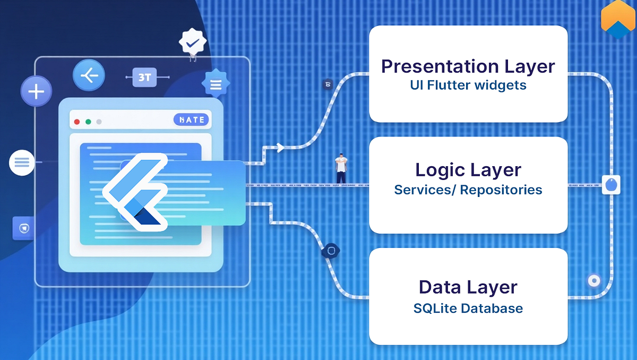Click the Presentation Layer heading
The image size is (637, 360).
point(468,67)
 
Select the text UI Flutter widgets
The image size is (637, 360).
point(468,85)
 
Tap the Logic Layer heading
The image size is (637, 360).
point(468,170)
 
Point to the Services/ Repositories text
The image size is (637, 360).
point(468,190)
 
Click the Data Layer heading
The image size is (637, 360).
point(468,287)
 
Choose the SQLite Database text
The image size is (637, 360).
point(468,308)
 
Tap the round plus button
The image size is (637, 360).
point(36,92)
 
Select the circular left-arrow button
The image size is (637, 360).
point(89,75)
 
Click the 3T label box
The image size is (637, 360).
point(144,78)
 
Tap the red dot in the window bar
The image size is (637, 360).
point(77,122)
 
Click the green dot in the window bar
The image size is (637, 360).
point(88,122)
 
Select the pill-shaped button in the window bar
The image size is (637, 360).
point(192,120)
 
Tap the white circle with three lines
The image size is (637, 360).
point(22,162)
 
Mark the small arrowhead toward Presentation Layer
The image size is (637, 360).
point(280,148)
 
